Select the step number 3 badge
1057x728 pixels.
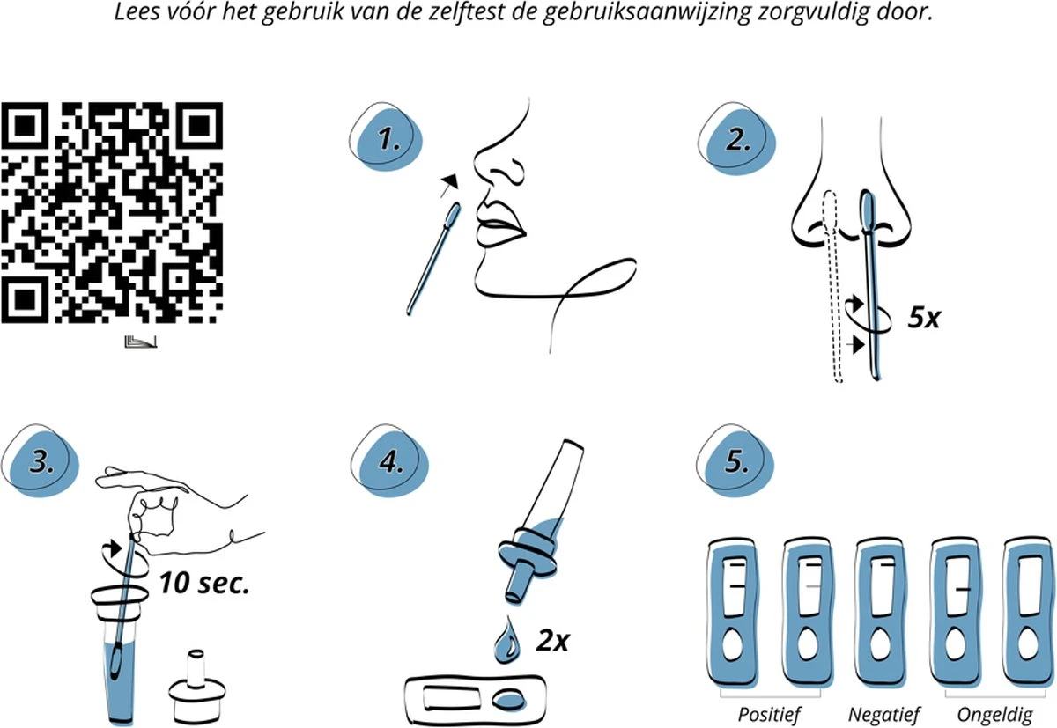[x=41, y=460]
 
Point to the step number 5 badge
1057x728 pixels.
[x=735, y=460]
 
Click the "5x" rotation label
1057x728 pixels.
[x=923, y=318]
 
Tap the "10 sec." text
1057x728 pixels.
[x=203, y=583]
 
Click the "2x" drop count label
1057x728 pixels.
[x=552, y=640]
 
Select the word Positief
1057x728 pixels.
[x=769, y=715]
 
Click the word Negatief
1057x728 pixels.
[x=883, y=715]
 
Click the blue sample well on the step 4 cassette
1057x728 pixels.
[x=508, y=699]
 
